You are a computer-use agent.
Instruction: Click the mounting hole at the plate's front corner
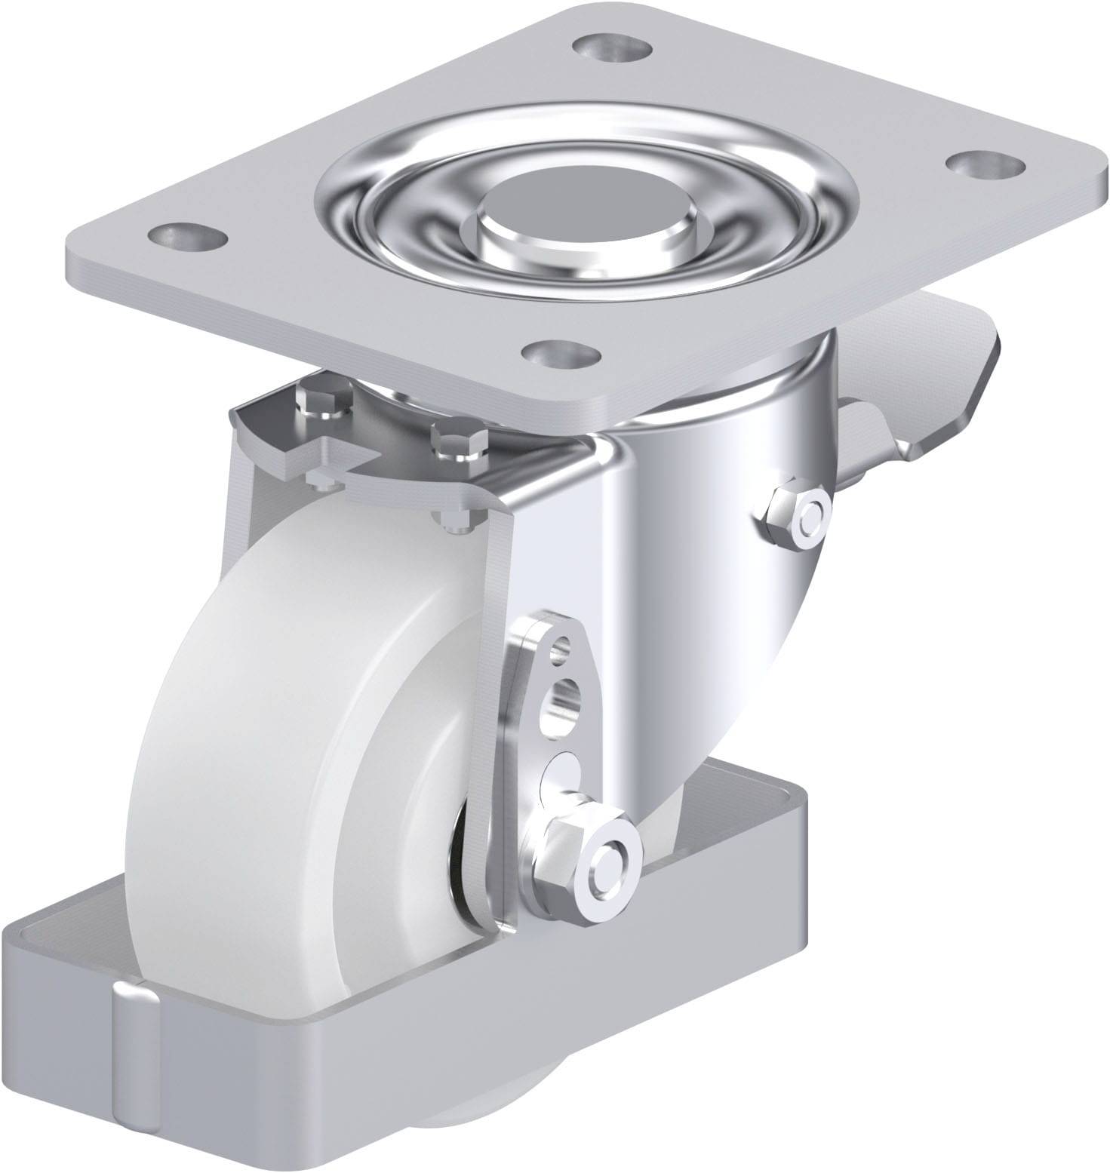561,351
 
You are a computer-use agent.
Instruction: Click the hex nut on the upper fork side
795,520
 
